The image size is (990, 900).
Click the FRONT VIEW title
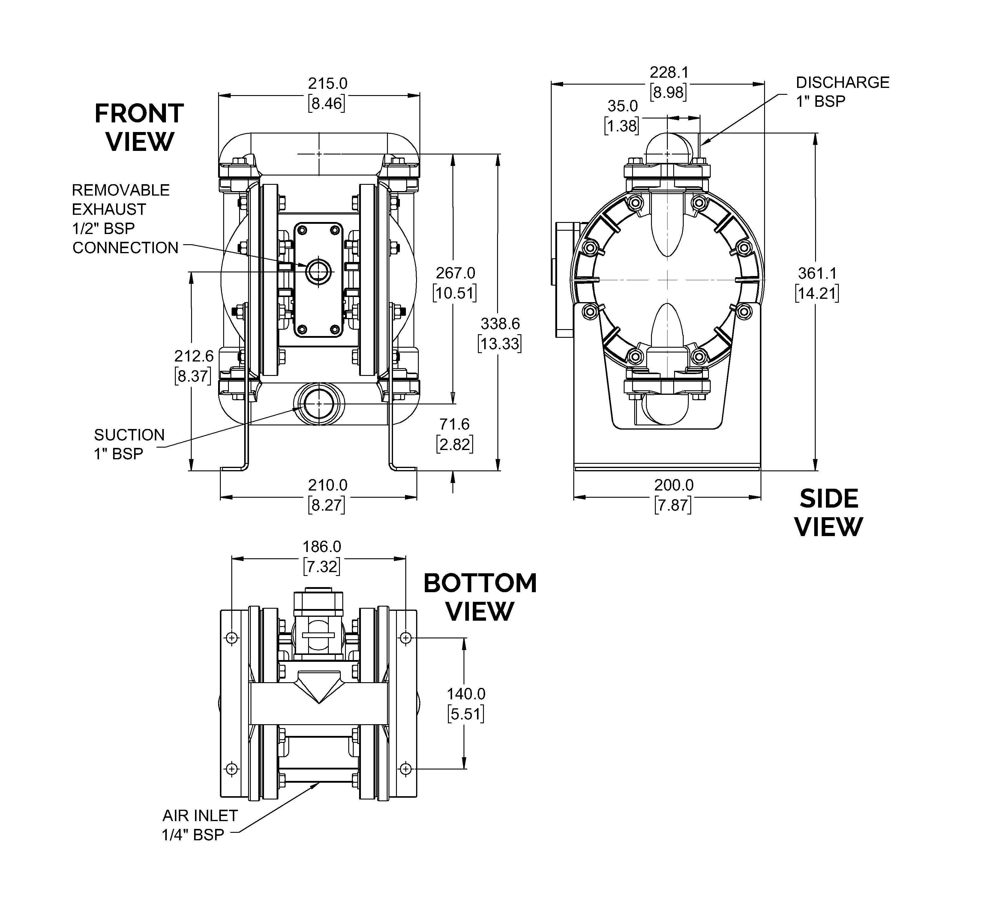coord(139,128)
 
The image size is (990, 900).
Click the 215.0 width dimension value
coord(328,83)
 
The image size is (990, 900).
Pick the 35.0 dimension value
coord(623,106)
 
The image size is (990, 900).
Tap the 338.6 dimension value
coord(500,324)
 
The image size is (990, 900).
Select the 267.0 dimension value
coord(455,273)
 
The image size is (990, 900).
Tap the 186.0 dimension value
coord(322,547)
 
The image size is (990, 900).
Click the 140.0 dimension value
coord(466,694)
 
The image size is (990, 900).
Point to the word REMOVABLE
coord(121,190)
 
